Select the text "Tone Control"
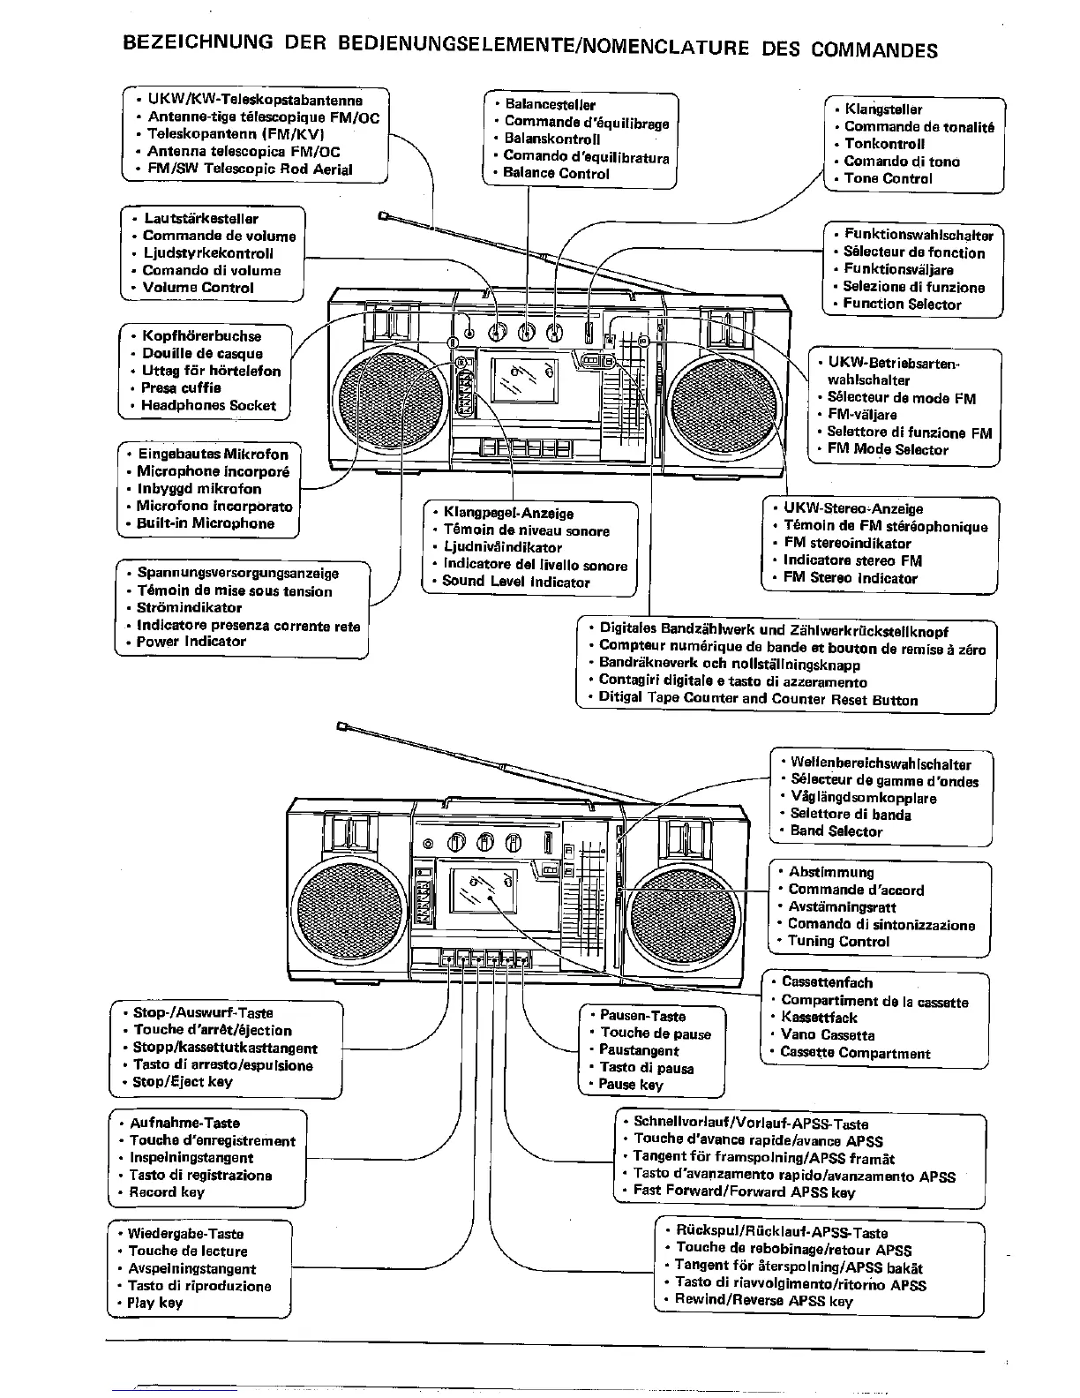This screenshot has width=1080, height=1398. [888, 178]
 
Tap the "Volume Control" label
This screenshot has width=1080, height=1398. [198, 288]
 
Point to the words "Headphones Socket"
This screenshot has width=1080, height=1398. [208, 406]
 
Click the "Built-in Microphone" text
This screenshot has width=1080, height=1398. [205, 523]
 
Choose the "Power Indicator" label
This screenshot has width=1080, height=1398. [191, 642]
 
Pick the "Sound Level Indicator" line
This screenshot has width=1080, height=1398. [515, 582]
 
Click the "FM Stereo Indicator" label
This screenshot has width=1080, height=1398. [850, 578]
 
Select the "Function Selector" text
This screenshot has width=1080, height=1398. [902, 304]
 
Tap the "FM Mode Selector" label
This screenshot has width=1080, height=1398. [888, 449]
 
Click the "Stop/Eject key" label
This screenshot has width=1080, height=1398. [182, 1082]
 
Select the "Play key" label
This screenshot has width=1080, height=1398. [154, 1303]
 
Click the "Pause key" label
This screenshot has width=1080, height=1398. [630, 1085]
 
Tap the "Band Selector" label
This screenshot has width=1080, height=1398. [836, 831]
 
